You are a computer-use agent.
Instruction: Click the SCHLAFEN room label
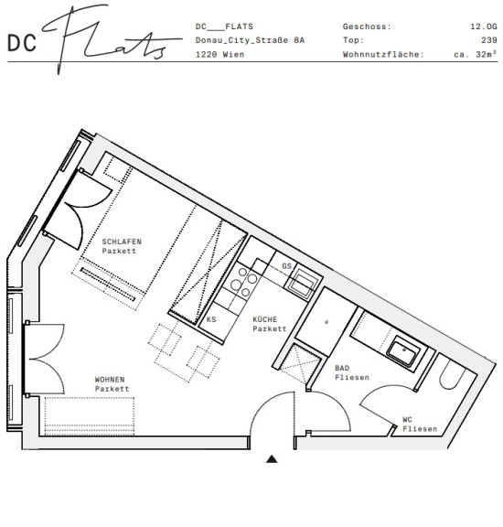pos(122,242)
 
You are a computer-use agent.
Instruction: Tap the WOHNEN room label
pos(110,380)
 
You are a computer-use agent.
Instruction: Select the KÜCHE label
pos(265,319)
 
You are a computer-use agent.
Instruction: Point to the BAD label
pos(342,368)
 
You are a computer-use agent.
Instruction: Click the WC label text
pos(407,419)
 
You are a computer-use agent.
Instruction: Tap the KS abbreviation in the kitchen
pos(211,319)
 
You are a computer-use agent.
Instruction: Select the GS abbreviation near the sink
pos(286,266)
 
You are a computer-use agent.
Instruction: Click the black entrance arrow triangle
pos(272,459)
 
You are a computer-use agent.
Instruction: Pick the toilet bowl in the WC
pos(452,373)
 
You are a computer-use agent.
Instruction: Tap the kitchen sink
pos(301,284)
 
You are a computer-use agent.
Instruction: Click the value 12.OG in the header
pos(484,27)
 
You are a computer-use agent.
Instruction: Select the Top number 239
pos(489,40)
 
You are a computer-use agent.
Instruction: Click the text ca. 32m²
pos(476,54)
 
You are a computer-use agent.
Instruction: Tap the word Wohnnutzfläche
pos(383,55)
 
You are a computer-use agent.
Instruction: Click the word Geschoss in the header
pos(365,27)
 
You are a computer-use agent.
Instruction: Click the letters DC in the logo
pos(22,43)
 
